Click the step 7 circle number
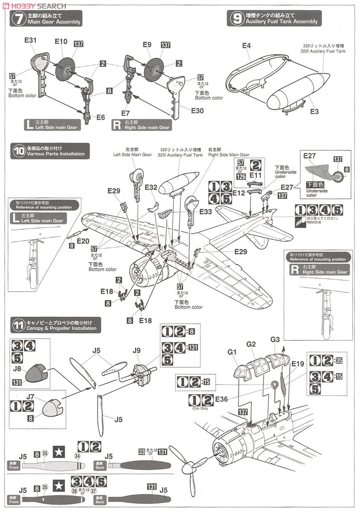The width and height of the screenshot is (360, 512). click(x=19, y=19)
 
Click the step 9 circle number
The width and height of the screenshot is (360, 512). click(x=235, y=19)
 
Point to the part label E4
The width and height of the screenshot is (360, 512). click(x=247, y=46)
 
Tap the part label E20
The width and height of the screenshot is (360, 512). click(x=83, y=241)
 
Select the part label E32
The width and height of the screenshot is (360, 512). click(x=151, y=187)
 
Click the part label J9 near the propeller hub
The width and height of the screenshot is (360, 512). click(x=136, y=351)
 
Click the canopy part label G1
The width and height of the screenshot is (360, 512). click(x=232, y=352)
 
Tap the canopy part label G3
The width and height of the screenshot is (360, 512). click(x=276, y=340)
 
